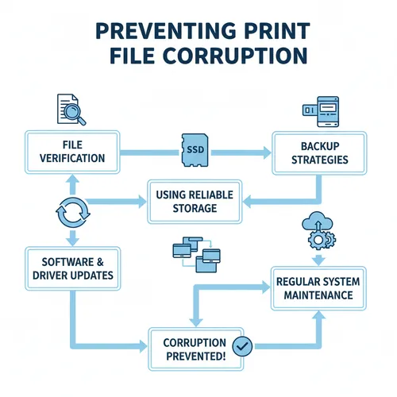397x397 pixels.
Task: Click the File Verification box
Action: tap(71, 151)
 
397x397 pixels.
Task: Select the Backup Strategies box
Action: tap(320, 154)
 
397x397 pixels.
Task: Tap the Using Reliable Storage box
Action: tap(194, 201)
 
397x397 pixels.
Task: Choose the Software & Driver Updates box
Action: tap(71, 268)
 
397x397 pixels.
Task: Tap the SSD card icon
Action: tap(194, 148)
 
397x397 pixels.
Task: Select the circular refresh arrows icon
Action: tap(69, 213)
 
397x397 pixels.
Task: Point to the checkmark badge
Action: tap(244, 346)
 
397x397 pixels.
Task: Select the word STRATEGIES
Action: tap(320, 161)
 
